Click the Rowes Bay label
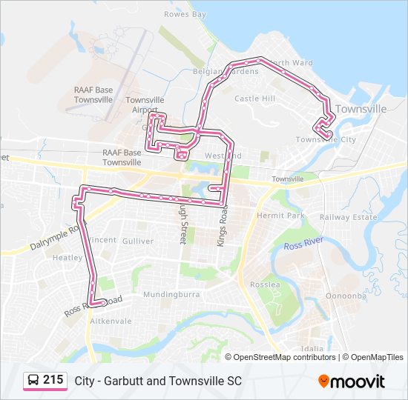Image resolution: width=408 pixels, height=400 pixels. [x=185, y=14]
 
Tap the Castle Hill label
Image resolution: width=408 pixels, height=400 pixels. [x=254, y=99]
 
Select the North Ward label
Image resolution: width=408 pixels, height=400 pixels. [x=291, y=64]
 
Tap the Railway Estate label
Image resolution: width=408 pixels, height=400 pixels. [x=349, y=217]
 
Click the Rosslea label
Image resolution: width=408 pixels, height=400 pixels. [x=264, y=284]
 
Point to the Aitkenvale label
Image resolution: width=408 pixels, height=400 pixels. [x=110, y=321]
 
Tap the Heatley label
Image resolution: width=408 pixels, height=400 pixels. [x=68, y=258]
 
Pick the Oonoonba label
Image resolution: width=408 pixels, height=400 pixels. [x=347, y=294]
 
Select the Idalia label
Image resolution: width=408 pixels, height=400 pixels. [x=312, y=349]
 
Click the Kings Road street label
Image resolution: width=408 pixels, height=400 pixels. [x=220, y=226]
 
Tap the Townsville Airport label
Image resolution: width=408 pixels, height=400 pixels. [x=145, y=104]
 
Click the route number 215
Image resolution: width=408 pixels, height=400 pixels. [x=53, y=380]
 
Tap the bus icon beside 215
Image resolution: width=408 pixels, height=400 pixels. [x=33, y=381]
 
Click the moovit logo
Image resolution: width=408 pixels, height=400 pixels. [x=352, y=381]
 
